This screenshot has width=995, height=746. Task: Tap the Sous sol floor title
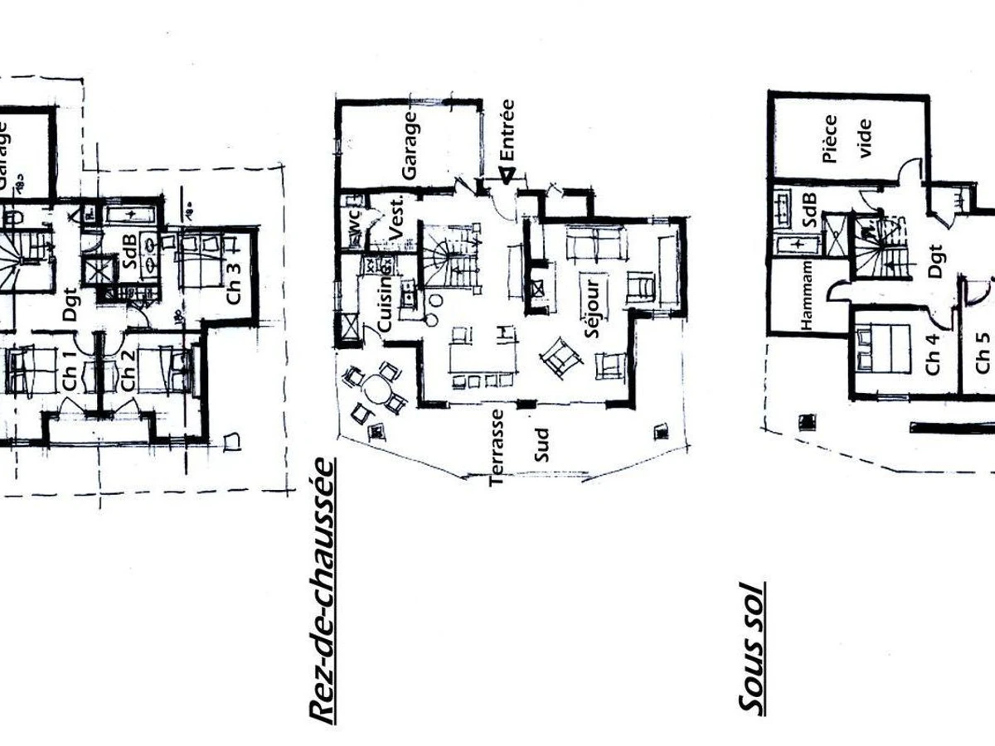[x=750, y=647]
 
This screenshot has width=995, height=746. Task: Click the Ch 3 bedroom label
[x=235, y=283]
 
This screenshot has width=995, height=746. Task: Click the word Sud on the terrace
[x=541, y=445]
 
